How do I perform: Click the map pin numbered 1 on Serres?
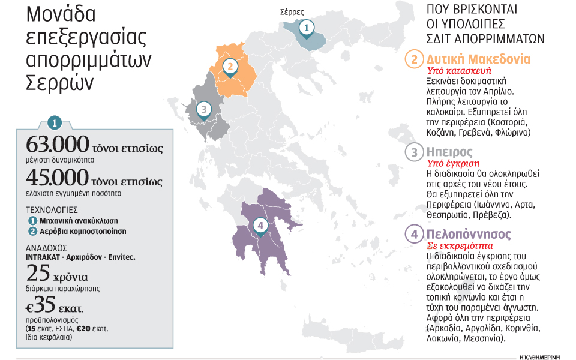pyautogui.click(x=306, y=28)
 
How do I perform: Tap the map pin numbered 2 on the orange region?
pyautogui.click(x=229, y=67)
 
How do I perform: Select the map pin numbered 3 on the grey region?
pyautogui.click(x=204, y=110)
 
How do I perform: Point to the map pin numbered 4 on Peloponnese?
pyautogui.click(x=259, y=226)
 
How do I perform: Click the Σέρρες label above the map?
pyautogui.click(x=292, y=11)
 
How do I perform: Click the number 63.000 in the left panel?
pyautogui.click(x=52, y=146)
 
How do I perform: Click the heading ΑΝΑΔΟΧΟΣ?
pyautogui.click(x=47, y=247)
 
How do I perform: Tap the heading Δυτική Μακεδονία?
pyautogui.click(x=478, y=59)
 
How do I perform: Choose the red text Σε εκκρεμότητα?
pyautogui.click(x=458, y=245)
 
